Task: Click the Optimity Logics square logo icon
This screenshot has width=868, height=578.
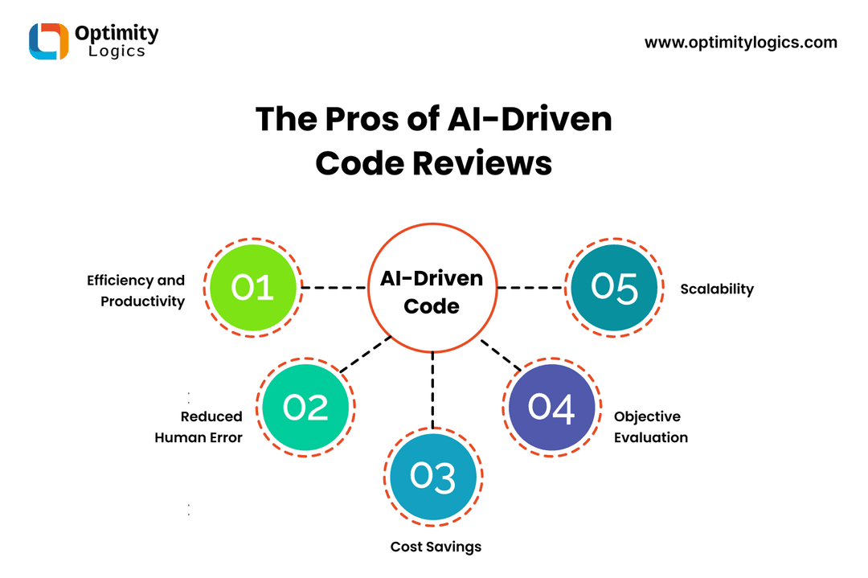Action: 49,41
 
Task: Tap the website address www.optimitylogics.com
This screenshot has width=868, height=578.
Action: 741,43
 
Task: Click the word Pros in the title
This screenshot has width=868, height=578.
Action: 362,119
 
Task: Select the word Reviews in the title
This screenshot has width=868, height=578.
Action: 482,163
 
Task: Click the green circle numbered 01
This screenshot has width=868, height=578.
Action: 253,288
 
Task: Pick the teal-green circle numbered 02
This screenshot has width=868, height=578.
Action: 305,408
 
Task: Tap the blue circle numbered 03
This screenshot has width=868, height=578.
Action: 433,477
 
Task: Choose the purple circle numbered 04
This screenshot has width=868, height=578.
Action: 551,408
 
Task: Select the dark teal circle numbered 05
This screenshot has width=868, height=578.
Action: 614,288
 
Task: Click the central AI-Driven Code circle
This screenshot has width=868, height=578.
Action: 432,288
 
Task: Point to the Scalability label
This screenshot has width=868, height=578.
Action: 717,289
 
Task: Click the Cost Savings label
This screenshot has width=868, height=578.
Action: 436,547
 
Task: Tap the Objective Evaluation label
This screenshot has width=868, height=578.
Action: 651,427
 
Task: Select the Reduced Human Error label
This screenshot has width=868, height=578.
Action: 199,427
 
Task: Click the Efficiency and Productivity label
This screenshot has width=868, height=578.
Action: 136,291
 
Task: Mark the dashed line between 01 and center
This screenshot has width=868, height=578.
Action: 334,288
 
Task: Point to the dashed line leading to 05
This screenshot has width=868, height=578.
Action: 531,288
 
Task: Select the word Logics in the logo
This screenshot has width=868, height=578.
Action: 117,51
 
